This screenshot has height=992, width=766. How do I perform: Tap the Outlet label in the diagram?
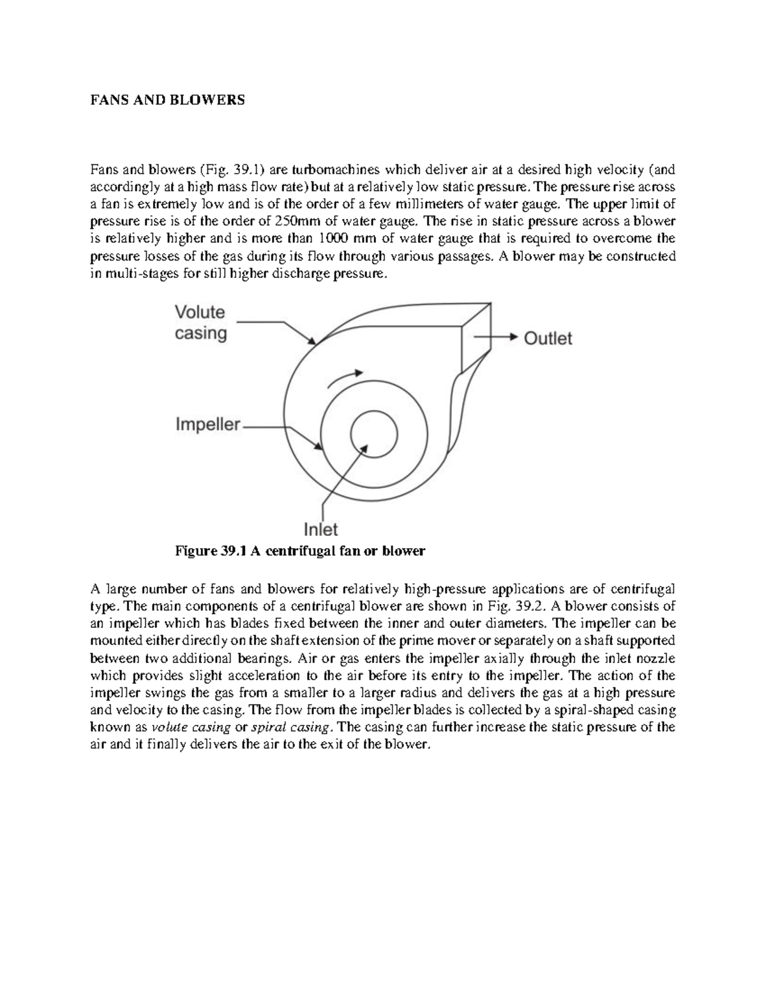coord(548,338)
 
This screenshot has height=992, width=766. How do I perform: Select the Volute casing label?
coord(200,323)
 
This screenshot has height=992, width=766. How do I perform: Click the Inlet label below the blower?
coord(320,530)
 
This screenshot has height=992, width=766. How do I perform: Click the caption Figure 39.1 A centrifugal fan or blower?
coord(300,551)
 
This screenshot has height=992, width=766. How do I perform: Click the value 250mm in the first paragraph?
coord(295,222)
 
